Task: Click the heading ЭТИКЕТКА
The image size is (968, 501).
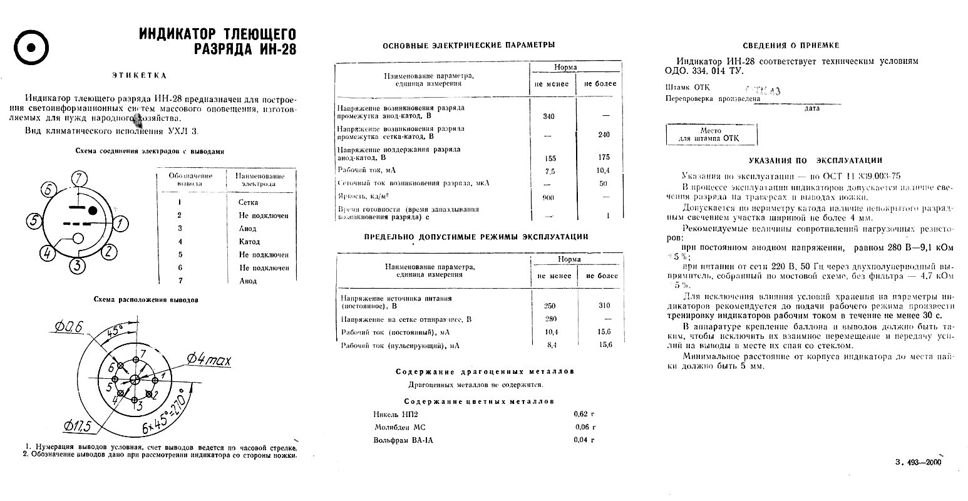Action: (x=139, y=75)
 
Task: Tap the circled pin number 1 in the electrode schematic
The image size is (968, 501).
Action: (x=121, y=223)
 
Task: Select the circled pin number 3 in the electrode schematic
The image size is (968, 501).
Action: (x=76, y=266)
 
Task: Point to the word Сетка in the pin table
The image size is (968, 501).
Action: (x=248, y=202)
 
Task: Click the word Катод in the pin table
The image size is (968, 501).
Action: (x=249, y=242)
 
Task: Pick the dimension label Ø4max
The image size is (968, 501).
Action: (x=209, y=359)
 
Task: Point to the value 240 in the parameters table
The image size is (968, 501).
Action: (x=604, y=135)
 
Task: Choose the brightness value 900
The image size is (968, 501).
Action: (x=548, y=198)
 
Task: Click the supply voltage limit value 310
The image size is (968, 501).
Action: (x=604, y=306)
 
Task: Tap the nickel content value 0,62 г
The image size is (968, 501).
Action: (x=584, y=413)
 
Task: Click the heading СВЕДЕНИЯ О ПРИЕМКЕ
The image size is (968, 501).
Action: (x=791, y=45)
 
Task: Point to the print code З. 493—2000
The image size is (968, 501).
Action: (x=919, y=462)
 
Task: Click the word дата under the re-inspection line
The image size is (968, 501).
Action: (x=811, y=108)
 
